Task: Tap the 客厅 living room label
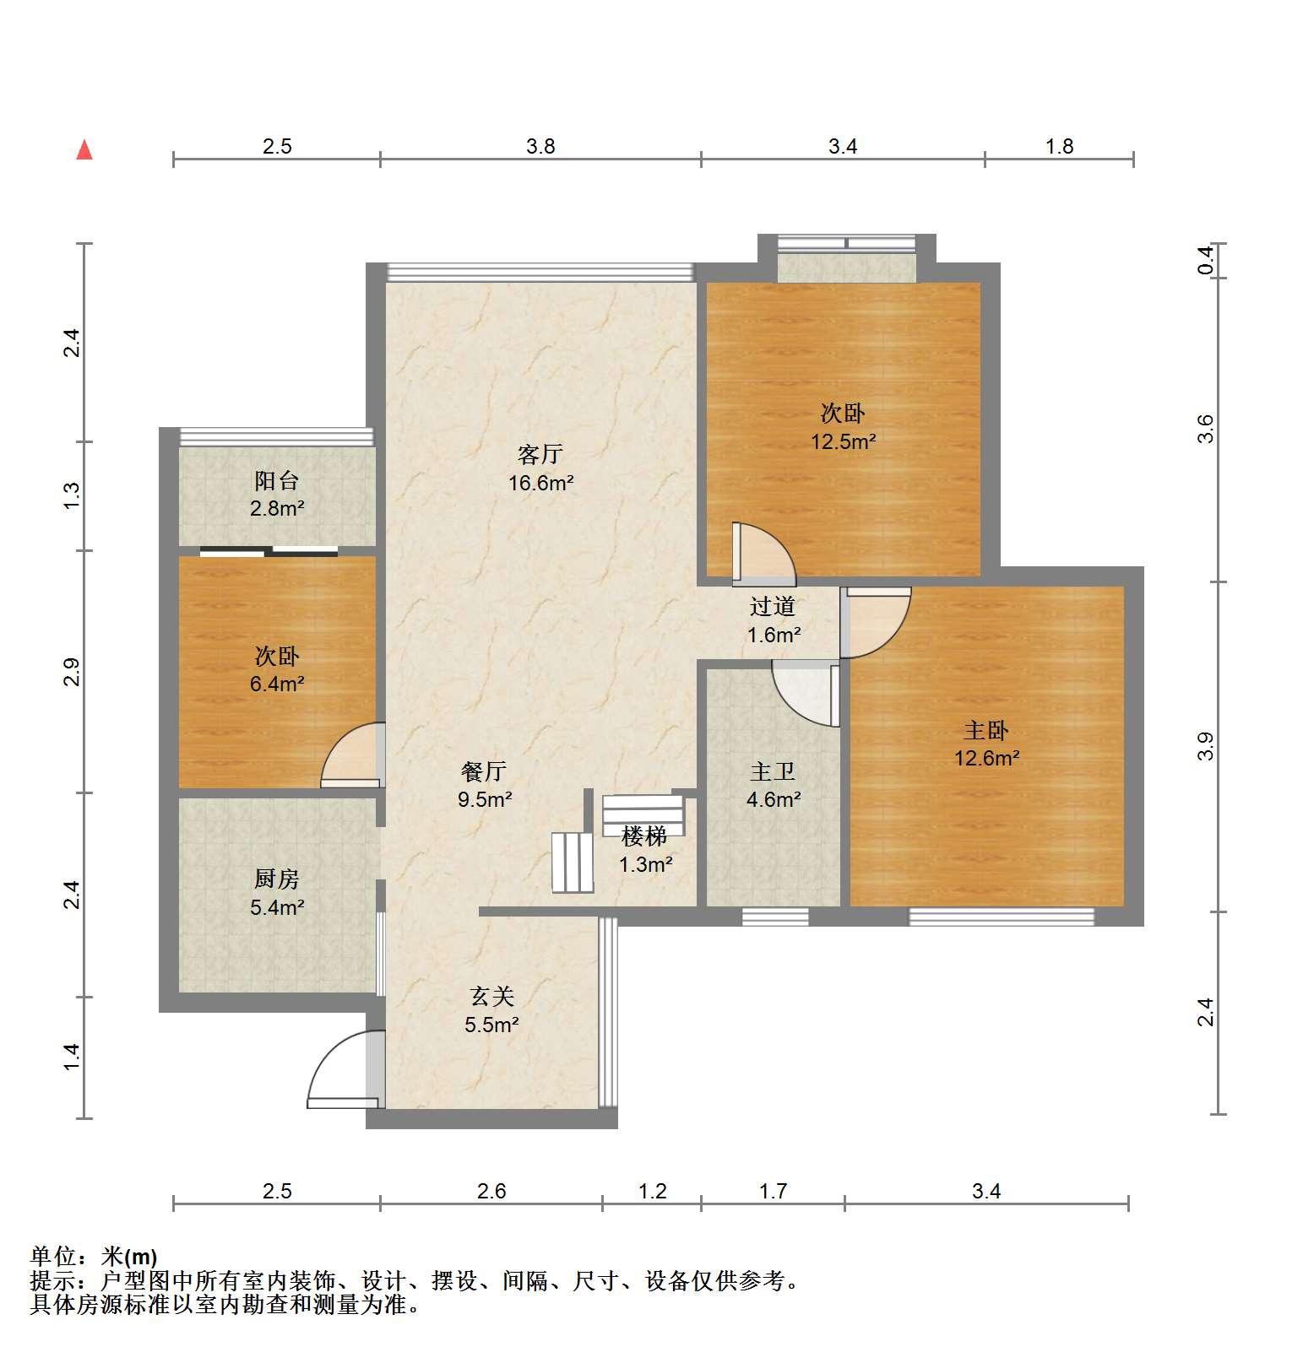click(x=540, y=454)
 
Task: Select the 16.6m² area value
click(x=540, y=483)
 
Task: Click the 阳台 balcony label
click(x=277, y=480)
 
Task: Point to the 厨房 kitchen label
click(x=277, y=879)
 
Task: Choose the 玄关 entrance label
click(x=491, y=997)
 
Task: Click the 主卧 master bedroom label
click(x=986, y=729)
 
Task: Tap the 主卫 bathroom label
click(x=773, y=771)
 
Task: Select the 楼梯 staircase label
click(x=644, y=836)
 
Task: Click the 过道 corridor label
click(x=773, y=606)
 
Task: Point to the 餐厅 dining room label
click(x=484, y=771)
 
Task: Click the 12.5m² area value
click(x=843, y=441)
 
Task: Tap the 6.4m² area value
click(x=277, y=684)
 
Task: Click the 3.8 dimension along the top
click(x=540, y=146)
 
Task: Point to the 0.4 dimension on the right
click(x=1206, y=260)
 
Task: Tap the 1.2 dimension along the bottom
click(x=652, y=1191)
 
